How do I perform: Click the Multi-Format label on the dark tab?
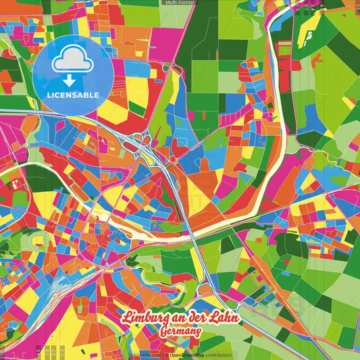pos(178,3)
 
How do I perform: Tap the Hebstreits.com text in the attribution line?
pos(144,355)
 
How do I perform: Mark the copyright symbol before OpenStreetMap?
pos(167,355)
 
